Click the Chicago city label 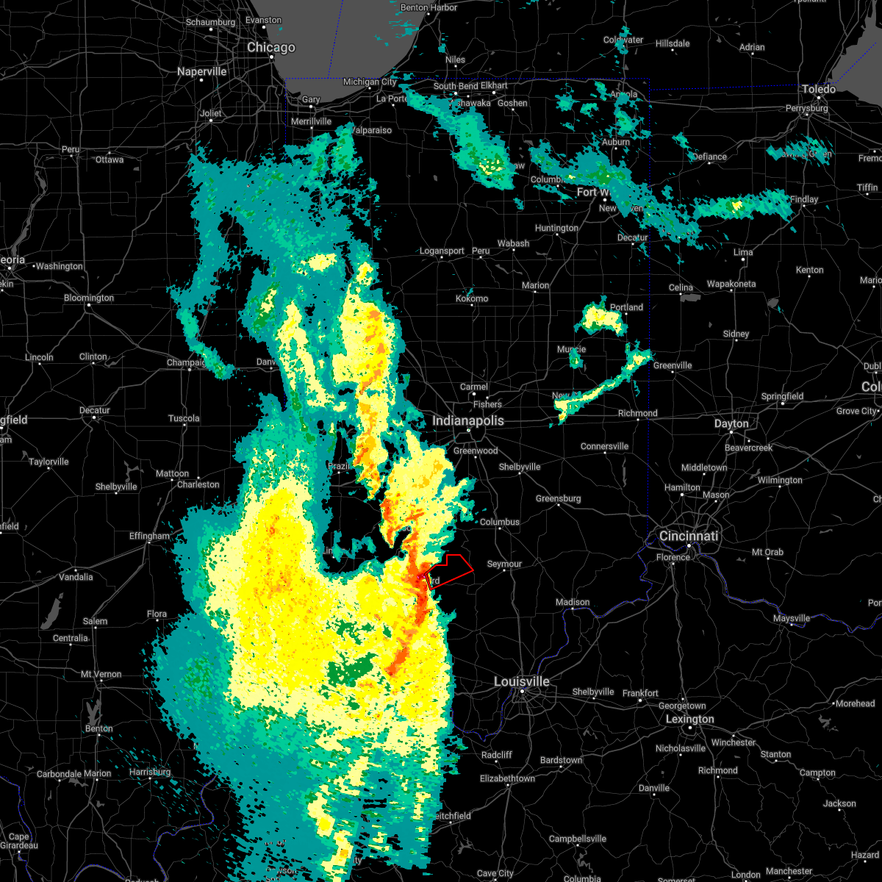tap(271, 48)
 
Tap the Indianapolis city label tap(468, 420)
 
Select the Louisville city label tap(522, 682)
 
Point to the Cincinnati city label tap(689, 536)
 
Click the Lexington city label tap(689, 719)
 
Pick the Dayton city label tap(731, 423)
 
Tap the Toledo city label tap(819, 89)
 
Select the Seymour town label tap(504, 564)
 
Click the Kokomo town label tap(472, 298)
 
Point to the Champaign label tap(186, 362)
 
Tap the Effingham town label tap(149, 536)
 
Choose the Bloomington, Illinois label tap(89, 298)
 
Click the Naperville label tap(202, 71)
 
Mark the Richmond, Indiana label tap(637, 413)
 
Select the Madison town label tap(573, 602)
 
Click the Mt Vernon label tap(101, 674)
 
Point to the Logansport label tap(442, 251)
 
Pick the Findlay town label tap(804, 199)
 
